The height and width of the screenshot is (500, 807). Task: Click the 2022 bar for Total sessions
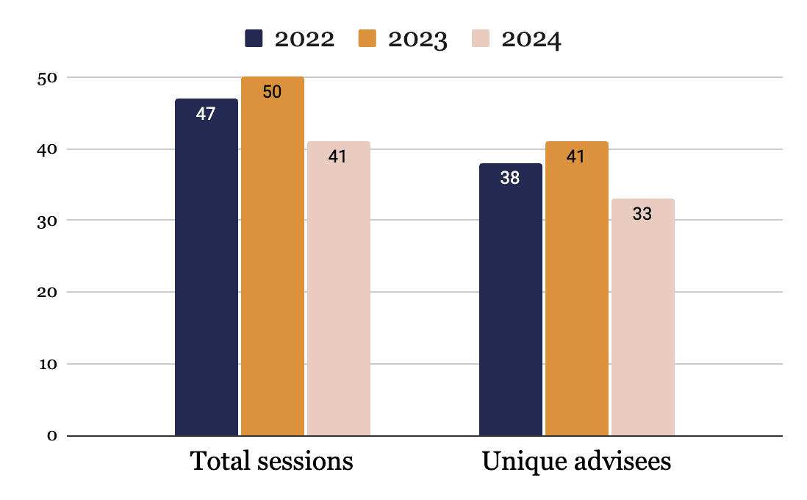tap(207, 267)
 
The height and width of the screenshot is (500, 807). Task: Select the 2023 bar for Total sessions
tap(272, 257)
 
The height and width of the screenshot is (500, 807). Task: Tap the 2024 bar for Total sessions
tap(339, 289)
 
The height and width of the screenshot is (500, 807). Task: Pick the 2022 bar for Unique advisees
tap(511, 300)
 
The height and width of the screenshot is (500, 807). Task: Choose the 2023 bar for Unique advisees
tap(577, 289)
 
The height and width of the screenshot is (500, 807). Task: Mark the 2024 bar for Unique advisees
tap(643, 317)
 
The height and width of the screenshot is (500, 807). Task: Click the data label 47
tap(206, 114)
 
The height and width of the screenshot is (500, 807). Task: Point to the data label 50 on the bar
tap(272, 92)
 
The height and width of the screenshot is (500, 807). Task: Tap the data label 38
tap(510, 178)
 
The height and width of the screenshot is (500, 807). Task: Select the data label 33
tap(642, 214)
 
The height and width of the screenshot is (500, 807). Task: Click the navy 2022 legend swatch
tap(254, 39)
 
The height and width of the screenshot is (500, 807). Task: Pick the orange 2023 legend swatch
tap(367, 39)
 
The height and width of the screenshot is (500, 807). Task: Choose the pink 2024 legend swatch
tap(481, 39)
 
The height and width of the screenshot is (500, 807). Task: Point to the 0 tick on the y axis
tap(52, 436)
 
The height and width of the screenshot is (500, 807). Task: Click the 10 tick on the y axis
tap(48, 365)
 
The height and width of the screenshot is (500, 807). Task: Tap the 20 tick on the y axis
tap(47, 293)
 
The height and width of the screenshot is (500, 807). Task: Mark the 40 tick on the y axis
tap(47, 150)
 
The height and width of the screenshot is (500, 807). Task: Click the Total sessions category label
tap(272, 461)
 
